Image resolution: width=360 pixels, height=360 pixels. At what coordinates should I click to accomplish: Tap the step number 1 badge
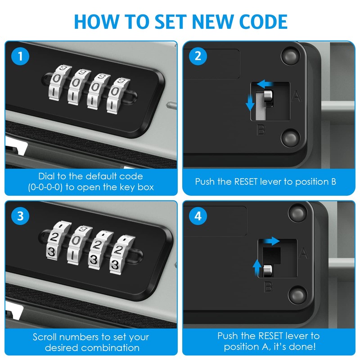[x=20, y=57]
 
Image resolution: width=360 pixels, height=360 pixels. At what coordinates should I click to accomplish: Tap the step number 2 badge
[x=198, y=57]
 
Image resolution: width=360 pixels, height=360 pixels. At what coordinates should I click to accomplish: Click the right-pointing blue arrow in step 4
[x=271, y=242]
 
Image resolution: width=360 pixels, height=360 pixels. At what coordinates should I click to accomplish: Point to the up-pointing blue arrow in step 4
[x=256, y=266]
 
